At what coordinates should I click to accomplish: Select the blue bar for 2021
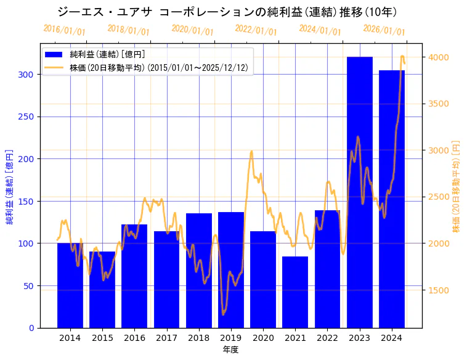click(295, 292)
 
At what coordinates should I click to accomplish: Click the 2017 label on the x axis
click(166, 338)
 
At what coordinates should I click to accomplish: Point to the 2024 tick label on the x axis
click(392, 338)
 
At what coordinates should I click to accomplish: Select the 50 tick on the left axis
click(28, 285)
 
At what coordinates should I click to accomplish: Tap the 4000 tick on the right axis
click(439, 57)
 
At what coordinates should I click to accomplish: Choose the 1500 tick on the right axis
click(439, 290)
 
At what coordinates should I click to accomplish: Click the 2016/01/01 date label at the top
click(64, 30)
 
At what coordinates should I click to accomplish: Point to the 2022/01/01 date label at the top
click(256, 30)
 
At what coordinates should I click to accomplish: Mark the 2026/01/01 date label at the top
click(384, 30)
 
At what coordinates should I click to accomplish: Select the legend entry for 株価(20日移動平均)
click(160, 68)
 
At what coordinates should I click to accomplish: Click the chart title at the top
click(227, 12)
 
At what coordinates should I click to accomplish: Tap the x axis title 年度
click(230, 350)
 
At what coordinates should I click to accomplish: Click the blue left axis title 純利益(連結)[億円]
click(10, 186)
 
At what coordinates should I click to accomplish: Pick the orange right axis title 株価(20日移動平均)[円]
click(457, 186)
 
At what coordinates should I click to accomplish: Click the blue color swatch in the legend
click(55, 55)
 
